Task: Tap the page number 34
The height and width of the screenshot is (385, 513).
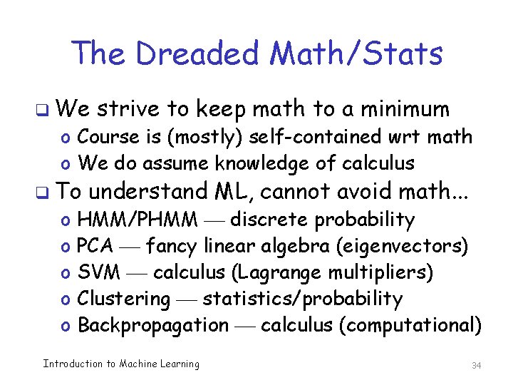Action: (x=477, y=366)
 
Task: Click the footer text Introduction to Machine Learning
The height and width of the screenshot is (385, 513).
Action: (x=121, y=364)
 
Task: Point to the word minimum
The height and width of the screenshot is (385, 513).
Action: (x=405, y=109)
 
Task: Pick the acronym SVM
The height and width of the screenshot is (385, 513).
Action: (x=97, y=272)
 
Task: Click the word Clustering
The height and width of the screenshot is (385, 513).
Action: (x=124, y=299)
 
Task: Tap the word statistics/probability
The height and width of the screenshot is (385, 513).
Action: (x=303, y=299)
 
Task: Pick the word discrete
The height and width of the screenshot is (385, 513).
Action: (x=270, y=220)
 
